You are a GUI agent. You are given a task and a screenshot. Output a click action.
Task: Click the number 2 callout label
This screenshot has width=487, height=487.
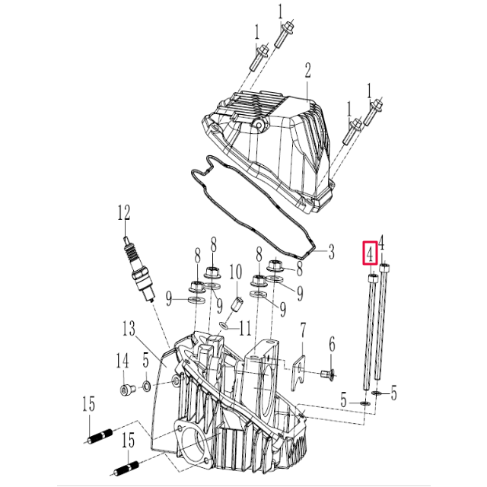(x=308, y=72)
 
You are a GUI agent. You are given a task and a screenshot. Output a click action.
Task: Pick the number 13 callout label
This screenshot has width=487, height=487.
(x=129, y=328)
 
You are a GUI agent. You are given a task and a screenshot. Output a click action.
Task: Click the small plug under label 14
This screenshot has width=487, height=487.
(x=125, y=390)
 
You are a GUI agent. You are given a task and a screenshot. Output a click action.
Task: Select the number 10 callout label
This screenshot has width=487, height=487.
(x=235, y=272)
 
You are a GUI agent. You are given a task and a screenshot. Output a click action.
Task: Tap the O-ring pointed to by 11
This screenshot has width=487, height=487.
(x=224, y=326)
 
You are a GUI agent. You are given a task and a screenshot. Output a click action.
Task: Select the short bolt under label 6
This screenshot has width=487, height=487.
(x=329, y=373)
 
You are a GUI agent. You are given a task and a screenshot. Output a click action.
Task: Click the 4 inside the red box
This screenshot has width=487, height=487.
(x=369, y=253)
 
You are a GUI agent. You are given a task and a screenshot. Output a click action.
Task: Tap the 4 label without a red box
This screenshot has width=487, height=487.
(x=381, y=243)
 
